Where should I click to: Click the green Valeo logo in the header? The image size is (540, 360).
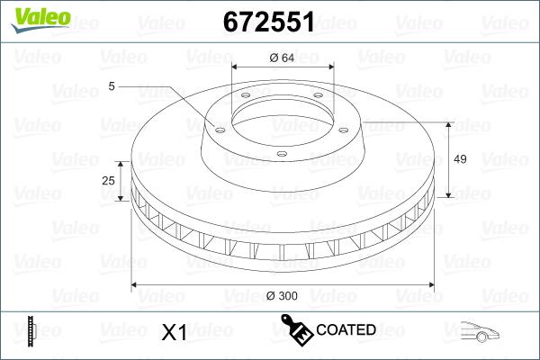34,18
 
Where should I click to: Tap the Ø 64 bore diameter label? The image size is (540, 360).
282,58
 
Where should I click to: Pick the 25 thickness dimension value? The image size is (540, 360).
109,181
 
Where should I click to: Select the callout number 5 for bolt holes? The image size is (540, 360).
112,86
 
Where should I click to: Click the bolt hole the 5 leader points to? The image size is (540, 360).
217,126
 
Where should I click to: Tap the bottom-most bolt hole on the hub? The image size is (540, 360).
281,153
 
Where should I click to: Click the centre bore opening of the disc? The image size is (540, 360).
282,112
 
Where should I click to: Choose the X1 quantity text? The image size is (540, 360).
173,332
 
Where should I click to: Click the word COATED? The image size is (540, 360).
346,330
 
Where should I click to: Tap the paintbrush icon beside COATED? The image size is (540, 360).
296,328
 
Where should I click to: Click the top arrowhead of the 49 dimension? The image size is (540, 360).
448,124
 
